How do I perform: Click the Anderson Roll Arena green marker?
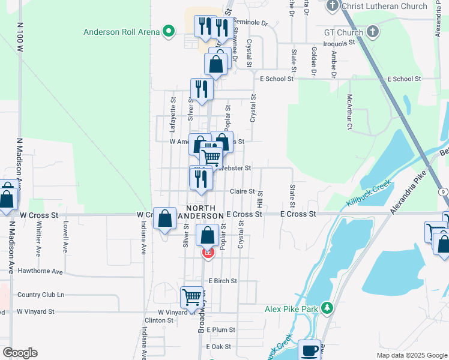pyautogui.click(x=169, y=31)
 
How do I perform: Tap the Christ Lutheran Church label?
pyautogui.click(x=384, y=7)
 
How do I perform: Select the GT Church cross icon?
pyautogui.click(x=372, y=31)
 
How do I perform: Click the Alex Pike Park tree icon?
pyautogui.click(x=327, y=309)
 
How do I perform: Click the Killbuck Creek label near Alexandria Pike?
pyautogui.click(x=367, y=194)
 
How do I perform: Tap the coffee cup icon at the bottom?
pyautogui.click(x=310, y=350)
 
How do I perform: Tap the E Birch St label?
pyautogui.click(x=223, y=281)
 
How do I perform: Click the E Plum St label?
pyautogui.click(x=220, y=330)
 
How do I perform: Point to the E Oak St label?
pyautogui.click(x=218, y=347)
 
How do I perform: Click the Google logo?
pyautogui.click(x=20, y=353)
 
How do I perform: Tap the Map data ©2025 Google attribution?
pyautogui.click(x=412, y=355)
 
